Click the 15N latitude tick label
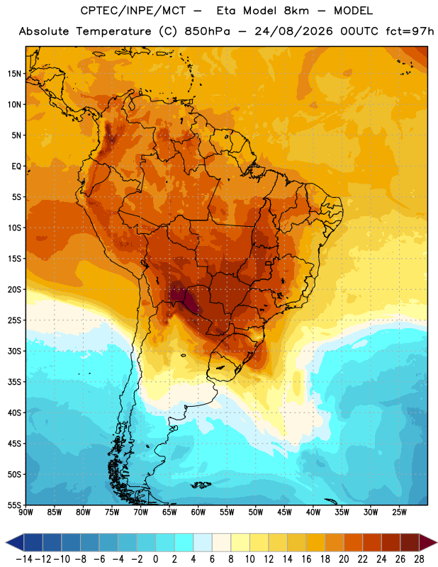pos(14,74)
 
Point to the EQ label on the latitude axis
pos(16,167)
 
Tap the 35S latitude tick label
pos(14,382)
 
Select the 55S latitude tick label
pos(14,505)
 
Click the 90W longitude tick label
pos(26,512)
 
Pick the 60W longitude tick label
pos(198,512)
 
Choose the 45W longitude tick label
pos(285,512)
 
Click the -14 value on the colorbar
pos(24,559)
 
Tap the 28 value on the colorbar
pos(419,559)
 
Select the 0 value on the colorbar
pos(155,559)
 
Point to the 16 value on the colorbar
pos(306,559)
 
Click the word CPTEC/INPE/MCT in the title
pos(133,11)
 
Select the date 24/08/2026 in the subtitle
pos(293,31)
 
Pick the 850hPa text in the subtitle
pos(207,31)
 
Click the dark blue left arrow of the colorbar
pos(15,542)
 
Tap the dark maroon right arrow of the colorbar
pos(428,542)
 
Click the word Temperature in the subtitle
pos(113,32)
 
